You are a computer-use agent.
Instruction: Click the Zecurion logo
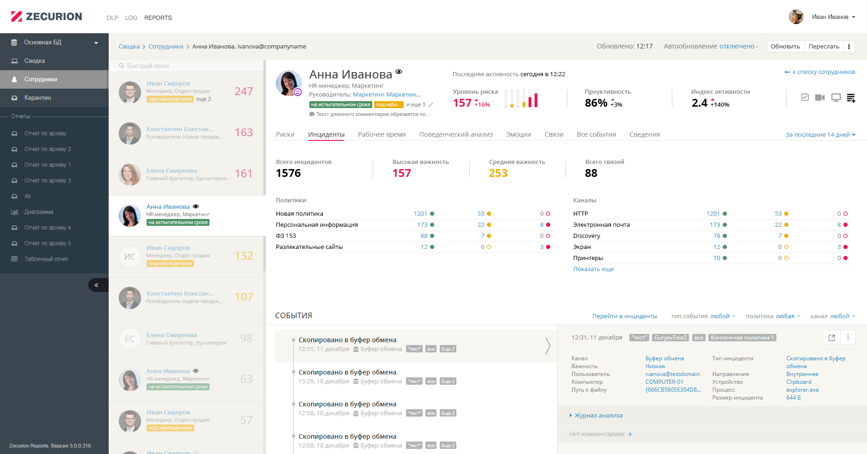point(46,17)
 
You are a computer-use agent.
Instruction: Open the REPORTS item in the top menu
point(158,18)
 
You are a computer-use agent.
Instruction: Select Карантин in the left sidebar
point(37,98)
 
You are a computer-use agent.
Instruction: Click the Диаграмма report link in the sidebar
point(39,212)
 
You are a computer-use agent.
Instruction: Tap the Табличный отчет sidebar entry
point(46,259)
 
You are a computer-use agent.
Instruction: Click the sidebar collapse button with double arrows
point(97,285)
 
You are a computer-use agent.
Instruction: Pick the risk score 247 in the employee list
point(243,91)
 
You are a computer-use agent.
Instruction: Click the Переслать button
point(824,47)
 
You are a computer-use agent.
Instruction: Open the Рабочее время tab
point(381,134)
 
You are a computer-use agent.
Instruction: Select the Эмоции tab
point(518,134)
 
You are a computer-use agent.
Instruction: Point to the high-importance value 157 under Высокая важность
point(401,173)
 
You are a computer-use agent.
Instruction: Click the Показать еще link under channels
point(593,269)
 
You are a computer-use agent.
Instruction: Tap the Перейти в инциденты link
point(624,316)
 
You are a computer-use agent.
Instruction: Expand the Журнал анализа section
point(598,416)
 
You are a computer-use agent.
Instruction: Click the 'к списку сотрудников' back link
point(820,72)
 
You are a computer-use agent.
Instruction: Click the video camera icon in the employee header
point(819,97)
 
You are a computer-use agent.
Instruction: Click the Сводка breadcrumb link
point(129,47)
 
